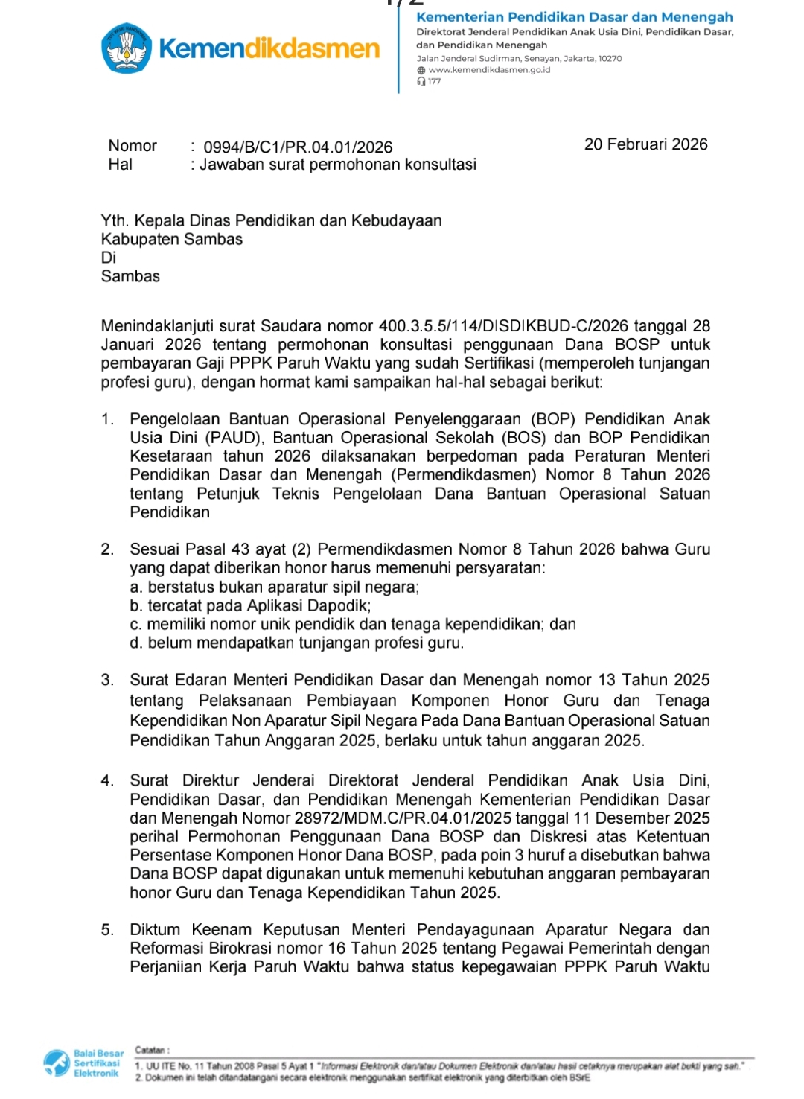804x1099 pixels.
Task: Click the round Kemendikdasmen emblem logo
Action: point(127,48)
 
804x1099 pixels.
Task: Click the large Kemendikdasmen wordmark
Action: point(269,49)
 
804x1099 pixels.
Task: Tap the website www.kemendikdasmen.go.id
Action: point(489,70)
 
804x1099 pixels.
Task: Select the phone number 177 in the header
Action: point(434,82)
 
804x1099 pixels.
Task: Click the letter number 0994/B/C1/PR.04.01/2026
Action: point(298,147)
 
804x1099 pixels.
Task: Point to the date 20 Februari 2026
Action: point(645,144)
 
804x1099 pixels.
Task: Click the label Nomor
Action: point(133,146)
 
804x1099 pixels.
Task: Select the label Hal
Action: point(120,165)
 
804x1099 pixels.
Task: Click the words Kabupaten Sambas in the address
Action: point(172,240)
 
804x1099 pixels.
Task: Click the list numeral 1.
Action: point(108,419)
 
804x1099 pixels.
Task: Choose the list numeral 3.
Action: point(108,680)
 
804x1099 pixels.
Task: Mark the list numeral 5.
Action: point(108,930)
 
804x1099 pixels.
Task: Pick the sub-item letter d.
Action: point(135,643)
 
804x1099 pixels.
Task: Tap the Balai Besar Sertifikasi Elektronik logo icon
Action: point(57,1063)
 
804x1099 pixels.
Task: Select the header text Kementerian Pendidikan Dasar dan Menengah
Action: point(574,17)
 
